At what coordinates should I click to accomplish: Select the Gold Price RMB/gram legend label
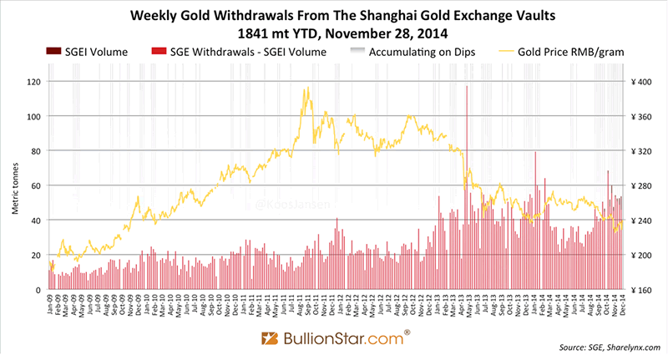coord(575,52)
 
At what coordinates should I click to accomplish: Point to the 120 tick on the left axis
coord(33,82)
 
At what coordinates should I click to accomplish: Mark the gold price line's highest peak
coord(308,88)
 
